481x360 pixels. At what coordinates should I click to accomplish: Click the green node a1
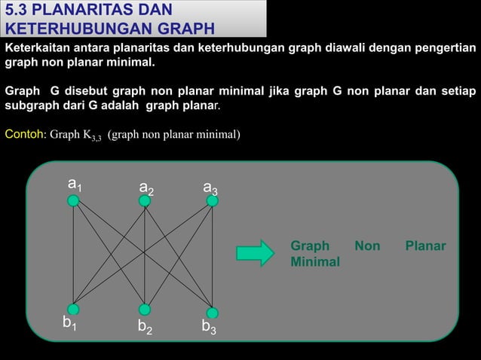[x=73, y=200]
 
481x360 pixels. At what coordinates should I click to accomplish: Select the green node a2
[x=145, y=201]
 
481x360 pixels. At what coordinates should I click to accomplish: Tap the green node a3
[x=213, y=201]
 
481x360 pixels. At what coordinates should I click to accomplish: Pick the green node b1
[x=73, y=309]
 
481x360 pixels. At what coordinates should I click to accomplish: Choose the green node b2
[x=144, y=310]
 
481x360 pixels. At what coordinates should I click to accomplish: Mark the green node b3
[x=213, y=313]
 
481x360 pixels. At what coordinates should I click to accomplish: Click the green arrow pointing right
[x=256, y=253]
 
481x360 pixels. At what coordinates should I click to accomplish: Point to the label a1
[x=75, y=184]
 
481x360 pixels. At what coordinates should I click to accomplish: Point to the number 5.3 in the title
[x=17, y=11]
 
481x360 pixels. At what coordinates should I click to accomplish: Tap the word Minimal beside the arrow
[x=315, y=262]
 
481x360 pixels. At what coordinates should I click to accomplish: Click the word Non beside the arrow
[x=367, y=246]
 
